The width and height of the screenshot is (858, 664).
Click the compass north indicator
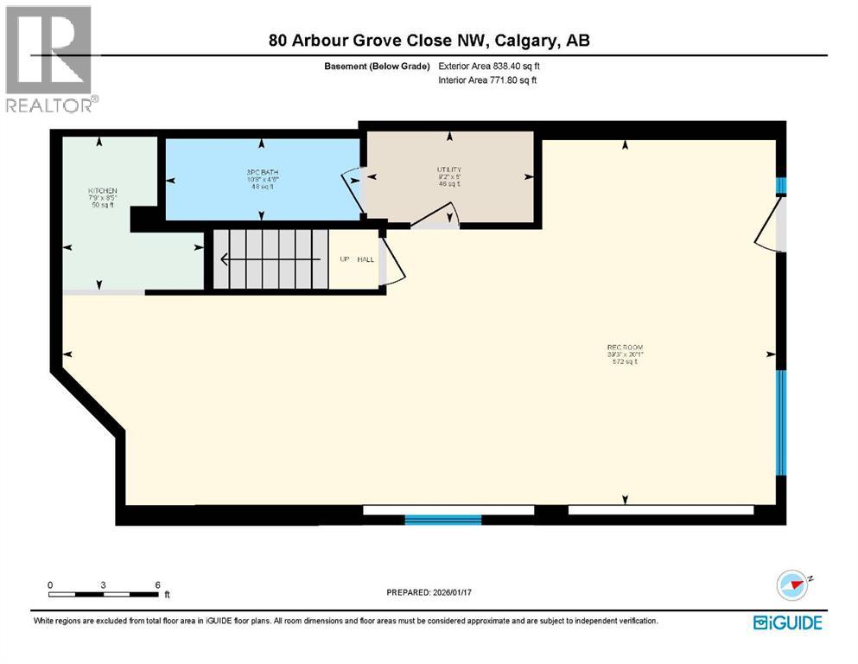(792, 585)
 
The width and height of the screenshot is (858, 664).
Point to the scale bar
(104, 594)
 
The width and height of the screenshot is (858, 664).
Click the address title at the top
(429, 41)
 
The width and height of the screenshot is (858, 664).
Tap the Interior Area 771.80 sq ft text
(488, 80)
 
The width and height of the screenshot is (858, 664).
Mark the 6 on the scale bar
(157, 584)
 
